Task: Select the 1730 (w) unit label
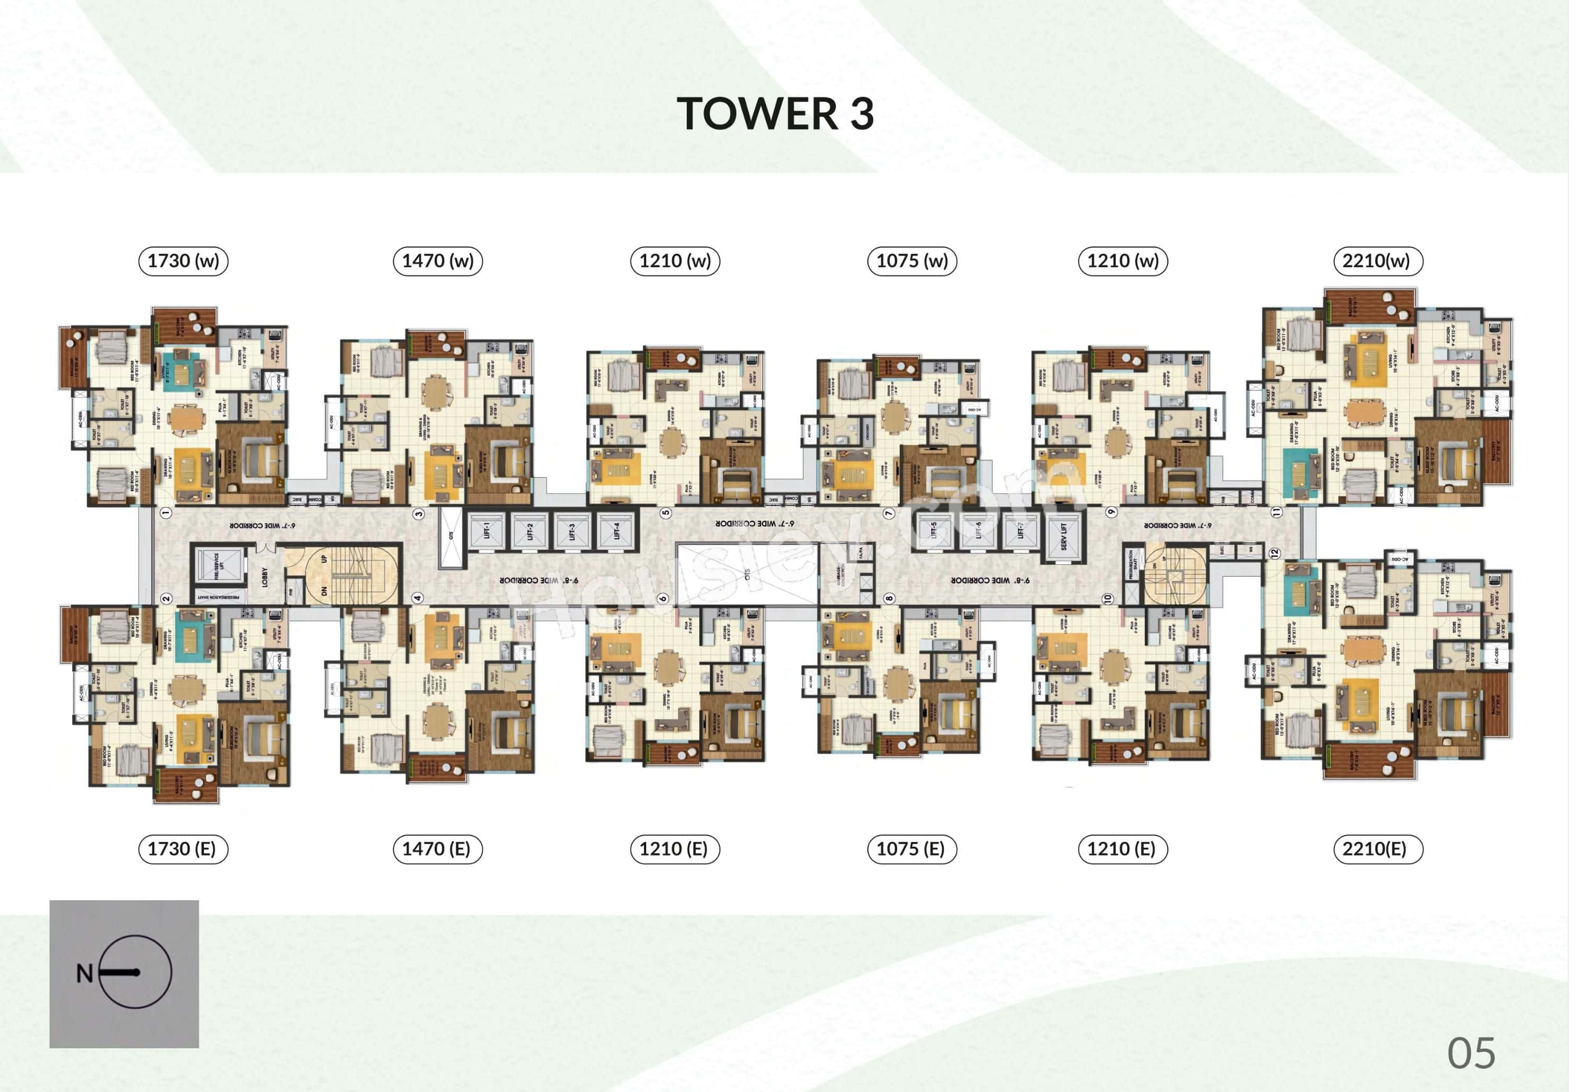coord(183,261)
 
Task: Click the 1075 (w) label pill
coord(912,261)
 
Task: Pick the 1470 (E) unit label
coord(437,849)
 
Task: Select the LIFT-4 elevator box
coord(617,531)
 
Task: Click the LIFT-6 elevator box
coord(978,531)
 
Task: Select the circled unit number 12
coord(1274,554)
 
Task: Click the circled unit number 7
coord(889,513)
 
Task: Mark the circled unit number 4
coord(417,598)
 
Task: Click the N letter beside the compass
coord(84,973)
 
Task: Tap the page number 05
coord(1471,1053)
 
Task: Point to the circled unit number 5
coord(665,513)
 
